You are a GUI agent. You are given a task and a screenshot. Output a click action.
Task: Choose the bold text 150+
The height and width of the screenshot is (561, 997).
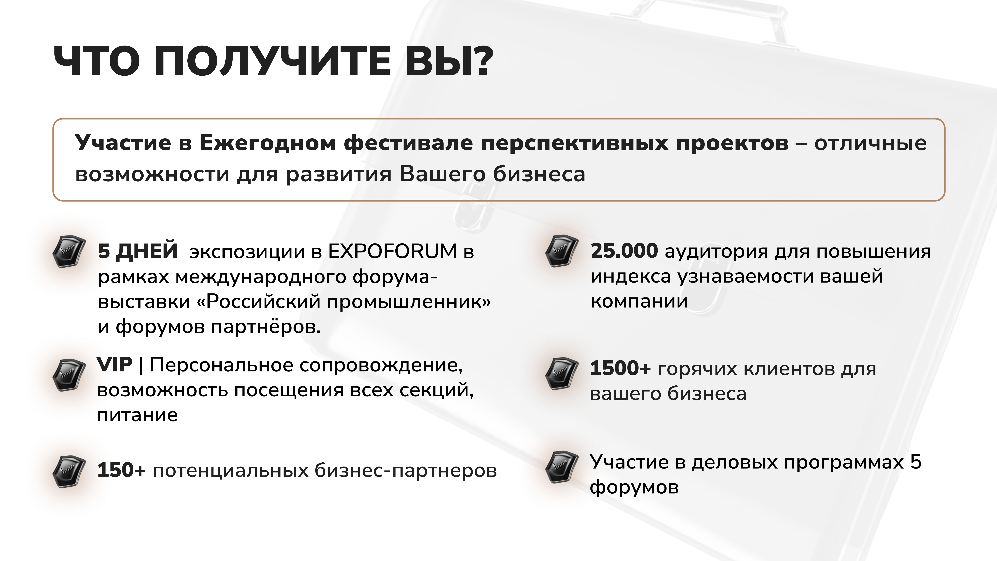(121, 470)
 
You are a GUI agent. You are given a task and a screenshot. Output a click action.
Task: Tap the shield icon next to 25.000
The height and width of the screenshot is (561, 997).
(562, 251)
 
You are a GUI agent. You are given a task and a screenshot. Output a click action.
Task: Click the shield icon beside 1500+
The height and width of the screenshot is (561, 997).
(562, 374)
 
